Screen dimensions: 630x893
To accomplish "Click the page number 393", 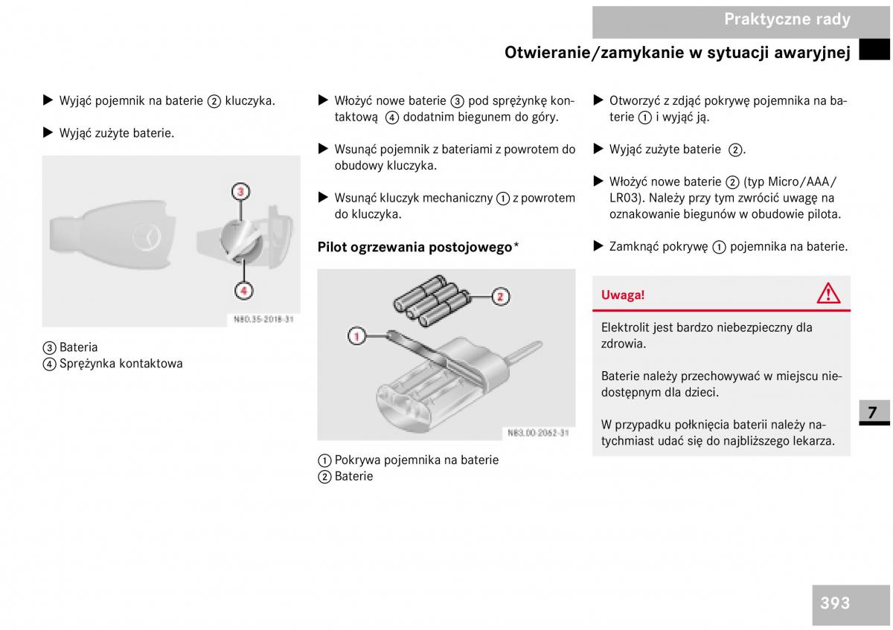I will pos(835,603).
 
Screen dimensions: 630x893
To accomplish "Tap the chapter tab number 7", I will pos(872,412).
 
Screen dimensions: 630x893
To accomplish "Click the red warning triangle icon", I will pos(828,294).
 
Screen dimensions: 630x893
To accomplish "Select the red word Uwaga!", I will pos(623,295).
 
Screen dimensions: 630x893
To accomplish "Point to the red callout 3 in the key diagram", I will pos(240,192).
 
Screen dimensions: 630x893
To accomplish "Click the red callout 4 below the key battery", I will pos(243,289).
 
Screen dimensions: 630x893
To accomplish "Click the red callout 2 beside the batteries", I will pos(500,297).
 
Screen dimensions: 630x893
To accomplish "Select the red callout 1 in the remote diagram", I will pos(356,336).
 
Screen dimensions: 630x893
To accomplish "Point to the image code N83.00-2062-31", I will pos(537,432).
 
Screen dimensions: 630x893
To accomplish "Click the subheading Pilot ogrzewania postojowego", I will pos(415,247).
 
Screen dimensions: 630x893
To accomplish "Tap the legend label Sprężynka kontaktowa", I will pos(121,364).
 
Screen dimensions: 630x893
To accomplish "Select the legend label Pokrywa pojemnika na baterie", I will pos(416,460).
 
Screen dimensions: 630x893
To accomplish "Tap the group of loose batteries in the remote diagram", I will pos(430,300).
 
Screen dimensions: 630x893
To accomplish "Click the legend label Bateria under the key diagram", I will pos(78,347).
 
